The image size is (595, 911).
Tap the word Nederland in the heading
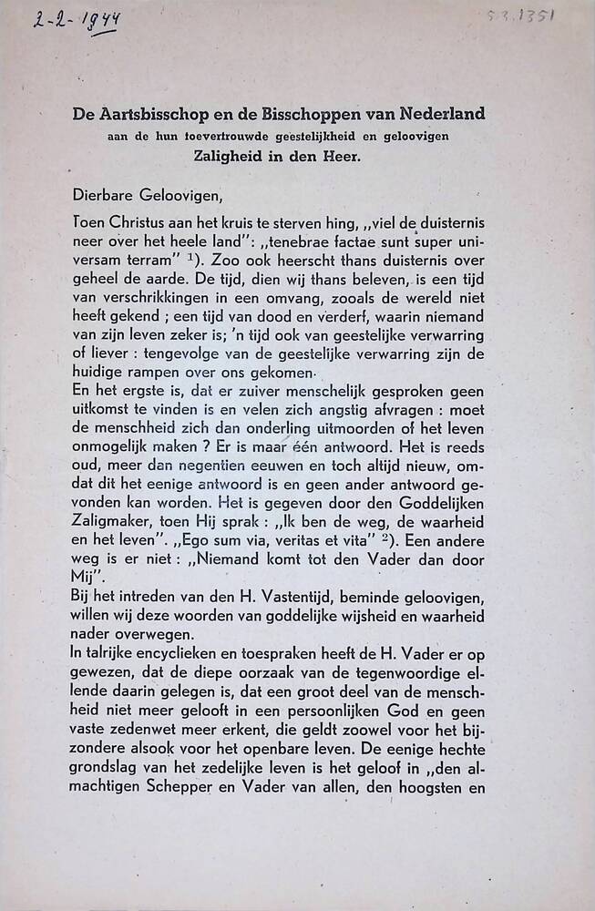442,115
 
